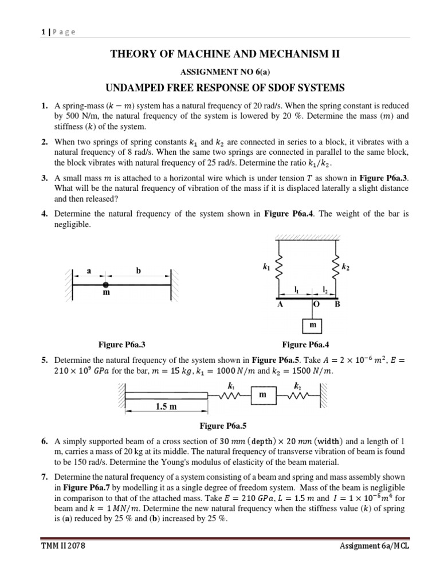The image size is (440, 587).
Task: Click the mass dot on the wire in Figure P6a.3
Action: pyautogui.click(x=105, y=285)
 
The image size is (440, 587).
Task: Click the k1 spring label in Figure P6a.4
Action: pyautogui.click(x=265, y=267)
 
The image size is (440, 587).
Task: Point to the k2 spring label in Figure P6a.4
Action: pyautogui.click(x=345, y=267)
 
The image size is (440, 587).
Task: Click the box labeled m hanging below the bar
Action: pyautogui.click(x=312, y=325)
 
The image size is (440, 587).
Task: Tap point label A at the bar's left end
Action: pyautogui.click(x=280, y=305)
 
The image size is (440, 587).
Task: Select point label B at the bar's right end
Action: pyautogui.click(x=337, y=304)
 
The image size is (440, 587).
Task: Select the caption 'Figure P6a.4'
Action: pyautogui.click(x=306, y=345)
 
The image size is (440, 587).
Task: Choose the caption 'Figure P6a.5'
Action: pyautogui.click(x=222, y=426)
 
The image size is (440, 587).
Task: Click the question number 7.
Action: pyautogui.click(x=44, y=477)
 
